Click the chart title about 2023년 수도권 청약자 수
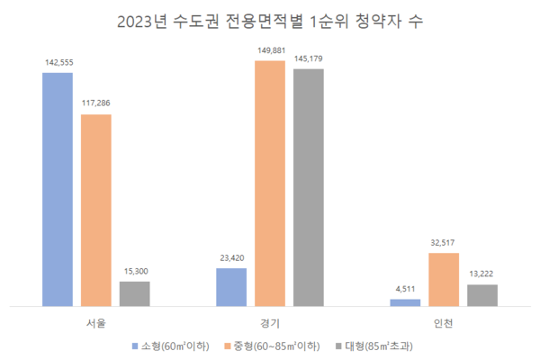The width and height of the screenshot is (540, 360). tap(270, 21)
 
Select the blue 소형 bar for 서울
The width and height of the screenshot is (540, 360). tap(58, 189)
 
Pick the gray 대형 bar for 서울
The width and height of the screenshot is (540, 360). tap(135, 293)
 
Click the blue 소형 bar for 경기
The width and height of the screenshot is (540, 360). tap(231, 287)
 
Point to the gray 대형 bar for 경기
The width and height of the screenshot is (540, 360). tap(309, 187)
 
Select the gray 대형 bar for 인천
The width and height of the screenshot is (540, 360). tap(482, 295)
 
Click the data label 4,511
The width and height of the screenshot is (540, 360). tap(405, 290)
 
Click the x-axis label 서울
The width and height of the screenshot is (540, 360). tap(96, 321)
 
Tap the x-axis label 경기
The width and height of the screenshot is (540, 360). tap(270, 321)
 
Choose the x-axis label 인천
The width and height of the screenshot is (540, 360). tap(444, 321)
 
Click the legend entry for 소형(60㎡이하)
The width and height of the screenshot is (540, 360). tap(175, 346)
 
